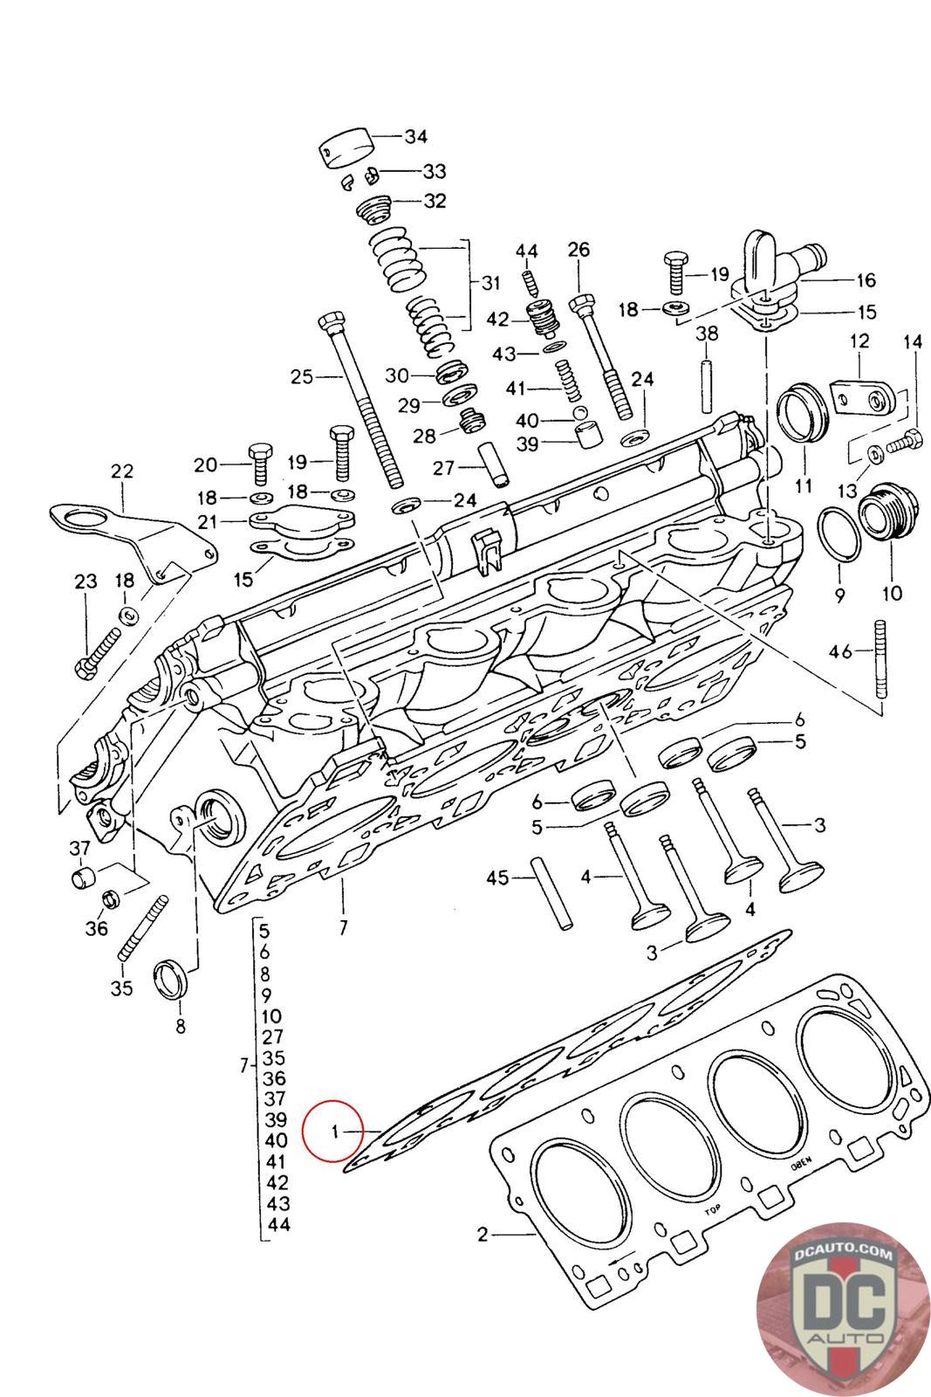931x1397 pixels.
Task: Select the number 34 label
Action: [x=415, y=136]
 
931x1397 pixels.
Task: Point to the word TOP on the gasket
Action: [x=712, y=1208]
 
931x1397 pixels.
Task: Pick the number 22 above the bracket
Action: [x=121, y=471]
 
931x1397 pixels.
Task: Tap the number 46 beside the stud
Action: [x=840, y=652]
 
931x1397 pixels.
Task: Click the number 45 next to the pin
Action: [x=497, y=878]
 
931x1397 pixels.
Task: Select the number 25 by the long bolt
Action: [x=302, y=376]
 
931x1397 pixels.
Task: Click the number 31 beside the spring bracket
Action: [x=490, y=283]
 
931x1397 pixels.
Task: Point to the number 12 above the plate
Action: [x=859, y=341]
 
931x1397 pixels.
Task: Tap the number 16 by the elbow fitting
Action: [x=866, y=280]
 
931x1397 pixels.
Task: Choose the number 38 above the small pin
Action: [x=707, y=333]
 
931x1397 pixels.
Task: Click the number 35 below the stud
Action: [x=121, y=988]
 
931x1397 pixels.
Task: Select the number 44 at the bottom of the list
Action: [x=278, y=1224]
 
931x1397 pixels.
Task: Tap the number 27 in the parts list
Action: [x=272, y=1036]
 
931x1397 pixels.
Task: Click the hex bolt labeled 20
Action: [x=259, y=464]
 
